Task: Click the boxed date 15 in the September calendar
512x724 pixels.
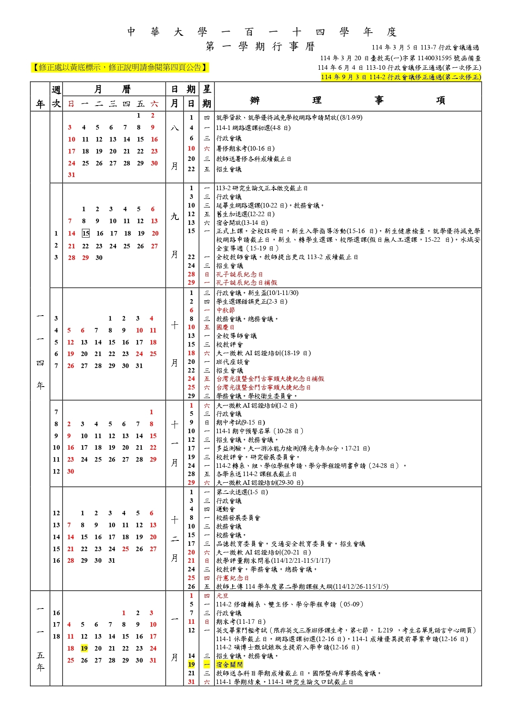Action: (x=85, y=233)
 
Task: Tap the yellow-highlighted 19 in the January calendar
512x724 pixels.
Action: (x=84, y=648)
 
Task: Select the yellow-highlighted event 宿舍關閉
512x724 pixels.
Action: (x=229, y=664)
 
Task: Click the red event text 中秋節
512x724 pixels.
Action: (x=225, y=310)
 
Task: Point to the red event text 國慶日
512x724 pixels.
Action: (x=225, y=327)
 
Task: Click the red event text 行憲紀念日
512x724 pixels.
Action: (x=232, y=578)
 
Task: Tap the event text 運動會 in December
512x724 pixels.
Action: (x=225, y=509)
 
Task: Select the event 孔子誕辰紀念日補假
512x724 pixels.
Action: (x=246, y=283)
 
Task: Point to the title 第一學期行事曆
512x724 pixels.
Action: (x=260, y=46)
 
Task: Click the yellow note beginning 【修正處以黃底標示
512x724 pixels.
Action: (x=120, y=67)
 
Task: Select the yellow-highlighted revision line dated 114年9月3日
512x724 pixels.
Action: (x=401, y=77)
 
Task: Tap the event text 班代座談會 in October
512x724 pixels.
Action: (x=233, y=362)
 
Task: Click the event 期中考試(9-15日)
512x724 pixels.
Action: (x=241, y=422)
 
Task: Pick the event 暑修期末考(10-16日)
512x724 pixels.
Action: (x=245, y=149)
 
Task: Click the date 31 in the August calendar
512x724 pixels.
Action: (x=71, y=175)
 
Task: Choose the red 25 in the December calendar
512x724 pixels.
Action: (x=125, y=549)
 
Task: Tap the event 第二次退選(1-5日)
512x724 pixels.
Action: (x=242, y=492)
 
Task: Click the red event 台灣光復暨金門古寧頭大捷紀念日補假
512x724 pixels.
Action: (x=270, y=379)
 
